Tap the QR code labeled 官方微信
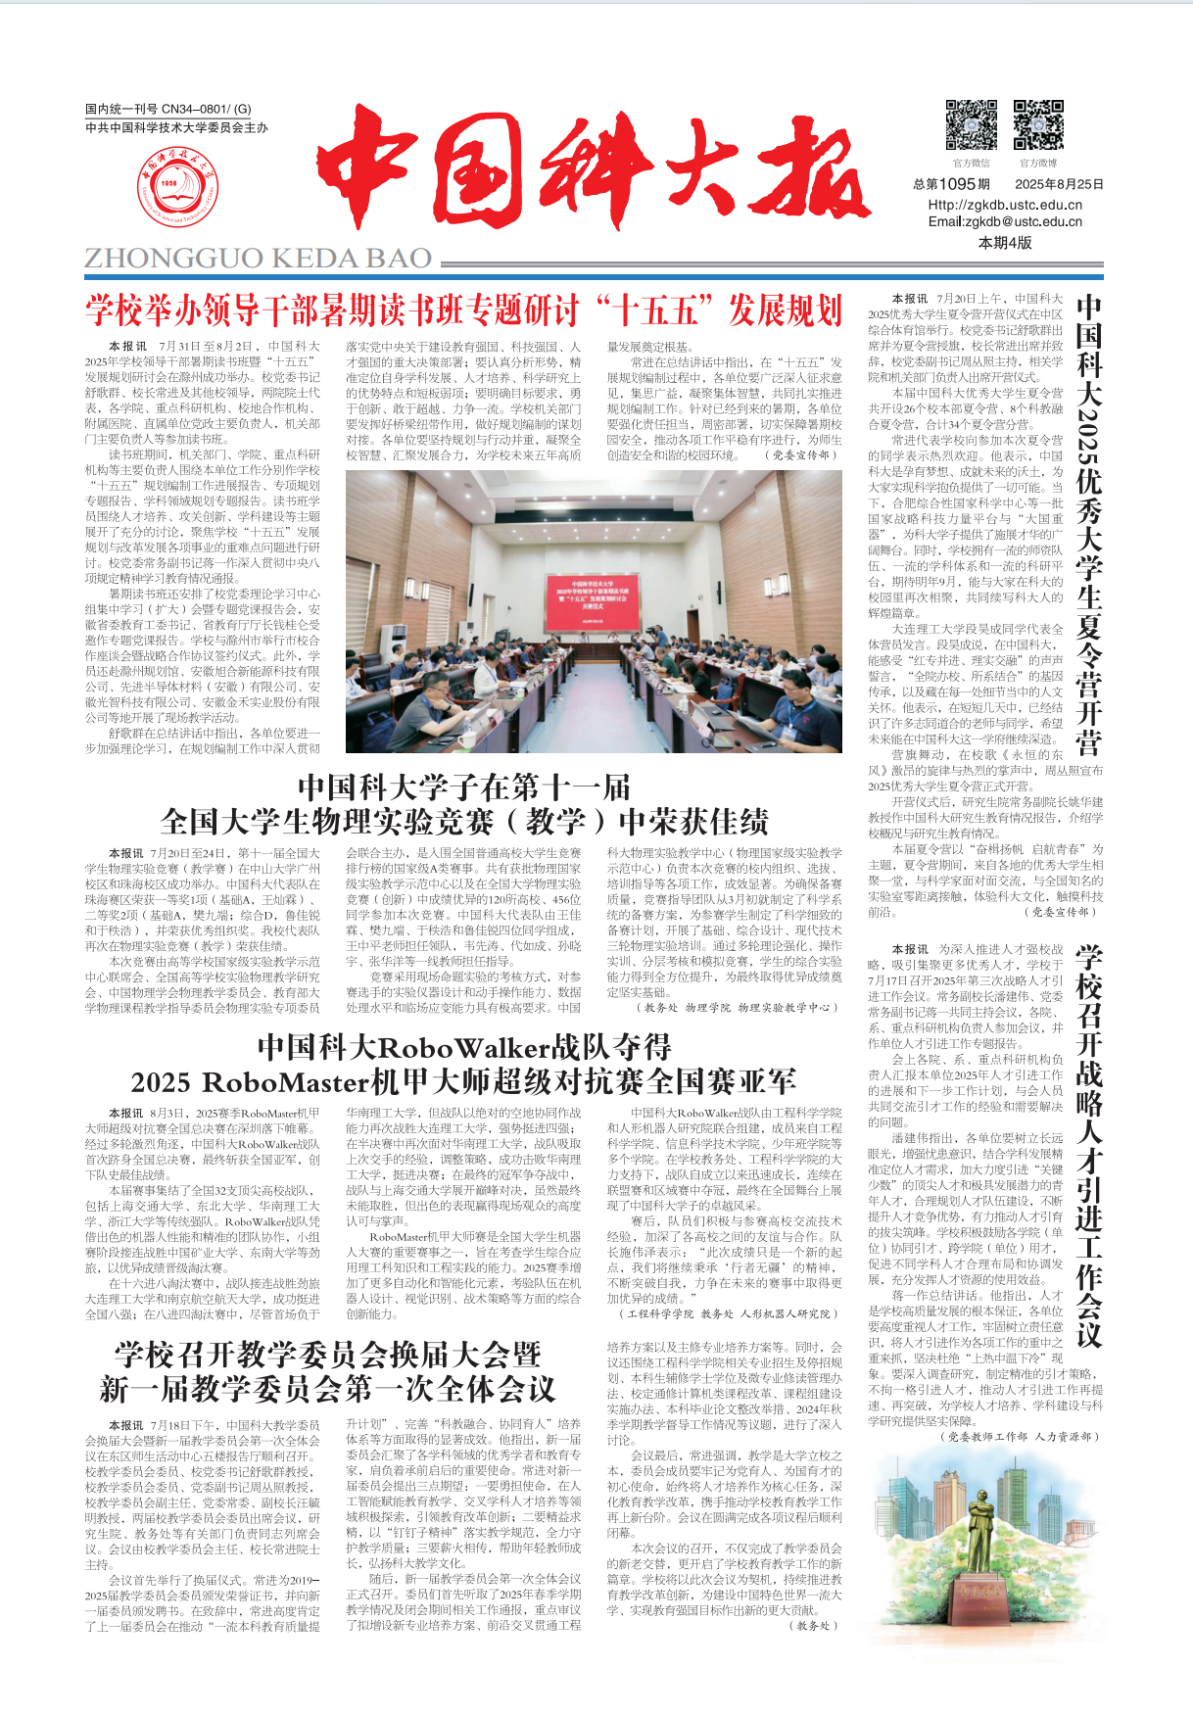click(x=971, y=124)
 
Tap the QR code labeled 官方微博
click(x=1037, y=124)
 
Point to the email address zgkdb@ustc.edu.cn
click(x=1005, y=221)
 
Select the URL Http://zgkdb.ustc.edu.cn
click(x=1005, y=205)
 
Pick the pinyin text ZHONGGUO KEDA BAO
click(x=259, y=259)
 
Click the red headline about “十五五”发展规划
click(x=463, y=311)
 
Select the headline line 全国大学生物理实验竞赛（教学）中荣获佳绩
click(x=464, y=821)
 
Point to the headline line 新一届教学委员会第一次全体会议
click(x=327, y=1389)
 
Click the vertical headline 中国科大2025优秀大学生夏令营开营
click(x=1088, y=526)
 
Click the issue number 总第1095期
click(x=951, y=184)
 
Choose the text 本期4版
click(x=1005, y=243)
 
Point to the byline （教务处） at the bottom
click(x=814, y=1626)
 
